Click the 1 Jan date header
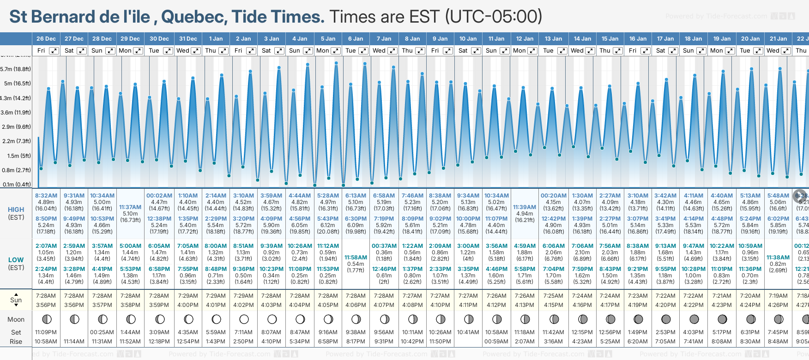point(216,39)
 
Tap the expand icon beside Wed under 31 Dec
point(196,51)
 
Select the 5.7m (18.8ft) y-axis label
point(16,69)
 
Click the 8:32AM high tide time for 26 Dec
point(46,196)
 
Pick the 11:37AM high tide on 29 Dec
point(130,207)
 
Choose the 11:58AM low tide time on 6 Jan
point(356,258)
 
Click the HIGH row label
point(16,210)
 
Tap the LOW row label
point(16,260)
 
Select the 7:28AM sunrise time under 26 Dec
point(46,296)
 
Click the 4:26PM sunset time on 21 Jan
point(778,305)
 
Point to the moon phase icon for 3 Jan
point(272,319)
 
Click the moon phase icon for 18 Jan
point(694,319)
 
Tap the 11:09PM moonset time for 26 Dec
point(46,332)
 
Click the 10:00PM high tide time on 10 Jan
point(468,219)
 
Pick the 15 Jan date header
point(610,39)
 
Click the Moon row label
point(16,319)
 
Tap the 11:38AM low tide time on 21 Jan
point(778,258)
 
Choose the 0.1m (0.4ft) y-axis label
point(17,185)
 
